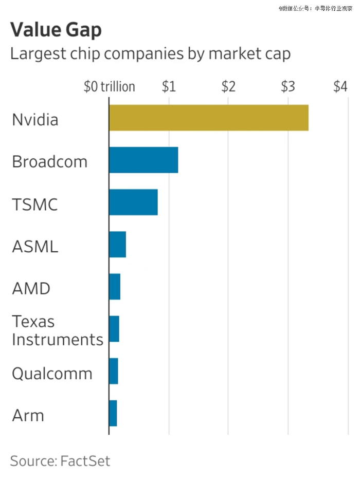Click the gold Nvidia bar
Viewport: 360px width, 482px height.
(208, 118)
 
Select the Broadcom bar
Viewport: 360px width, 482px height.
(143, 160)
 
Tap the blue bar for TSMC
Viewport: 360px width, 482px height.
(133, 202)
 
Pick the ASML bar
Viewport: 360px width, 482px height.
(117, 245)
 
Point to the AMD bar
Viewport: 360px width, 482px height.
(115, 287)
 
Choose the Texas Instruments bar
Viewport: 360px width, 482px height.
(114, 329)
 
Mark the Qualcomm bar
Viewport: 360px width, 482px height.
(114, 371)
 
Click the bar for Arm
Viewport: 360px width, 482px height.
(113, 413)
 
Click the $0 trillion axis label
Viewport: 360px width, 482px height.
(110, 86)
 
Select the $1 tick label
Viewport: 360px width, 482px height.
(169, 86)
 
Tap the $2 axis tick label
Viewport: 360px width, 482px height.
(228, 86)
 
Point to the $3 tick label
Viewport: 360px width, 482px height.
(288, 86)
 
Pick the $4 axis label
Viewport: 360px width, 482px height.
(340, 86)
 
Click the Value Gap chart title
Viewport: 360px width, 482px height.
(56, 30)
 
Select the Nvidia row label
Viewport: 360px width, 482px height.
(35, 120)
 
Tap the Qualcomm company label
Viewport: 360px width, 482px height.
(52, 374)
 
